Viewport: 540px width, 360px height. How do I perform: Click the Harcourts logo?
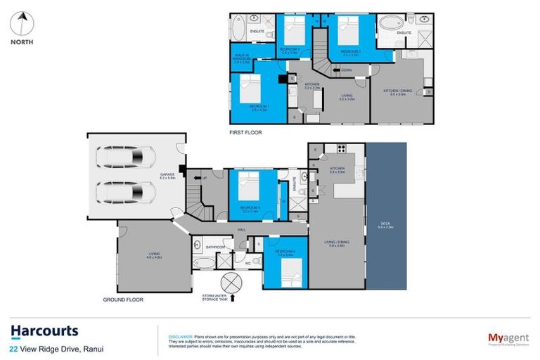coord(44,331)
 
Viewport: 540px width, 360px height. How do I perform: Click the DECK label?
coord(385,216)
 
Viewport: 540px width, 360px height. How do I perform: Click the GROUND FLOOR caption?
coord(123,300)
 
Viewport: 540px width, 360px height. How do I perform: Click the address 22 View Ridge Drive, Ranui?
coord(57,348)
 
